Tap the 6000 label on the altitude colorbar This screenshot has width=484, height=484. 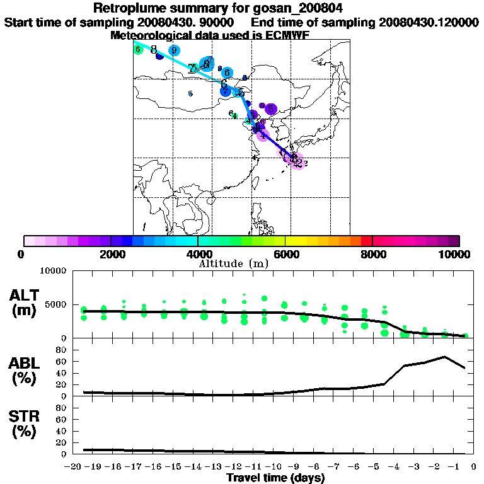click(285, 254)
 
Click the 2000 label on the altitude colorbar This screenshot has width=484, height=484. click(111, 254)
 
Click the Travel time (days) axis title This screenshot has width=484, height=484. click(275, 478)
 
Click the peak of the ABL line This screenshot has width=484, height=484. click(445, 357)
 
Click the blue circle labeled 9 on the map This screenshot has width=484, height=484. click(174, 50)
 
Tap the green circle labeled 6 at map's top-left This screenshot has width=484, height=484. click(138, 49)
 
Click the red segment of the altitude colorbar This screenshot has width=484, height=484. click(366, 241)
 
